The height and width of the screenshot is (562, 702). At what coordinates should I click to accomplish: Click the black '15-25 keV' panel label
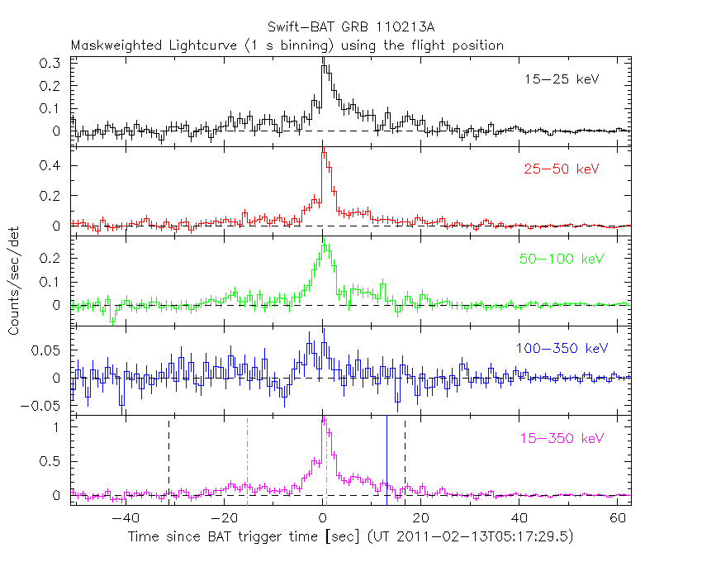pos(562,80)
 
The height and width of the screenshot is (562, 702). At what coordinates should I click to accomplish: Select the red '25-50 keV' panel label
pos(562,169)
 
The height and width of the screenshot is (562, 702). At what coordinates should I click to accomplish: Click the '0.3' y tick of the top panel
pos(50,64)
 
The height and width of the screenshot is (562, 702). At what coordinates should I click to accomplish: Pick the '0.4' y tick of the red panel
pos(50,166)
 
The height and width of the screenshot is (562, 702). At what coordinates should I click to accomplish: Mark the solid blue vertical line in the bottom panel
pos(387,459)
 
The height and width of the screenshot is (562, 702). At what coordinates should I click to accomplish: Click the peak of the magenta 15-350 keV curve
pos(324,419)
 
